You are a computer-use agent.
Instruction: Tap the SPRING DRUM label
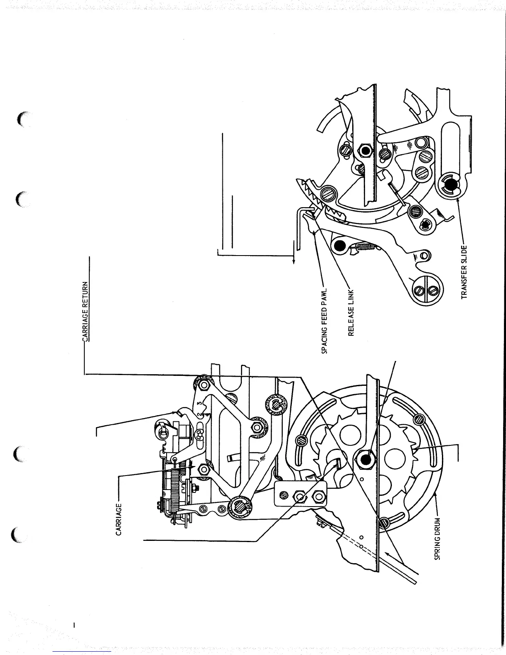[438, 539]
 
